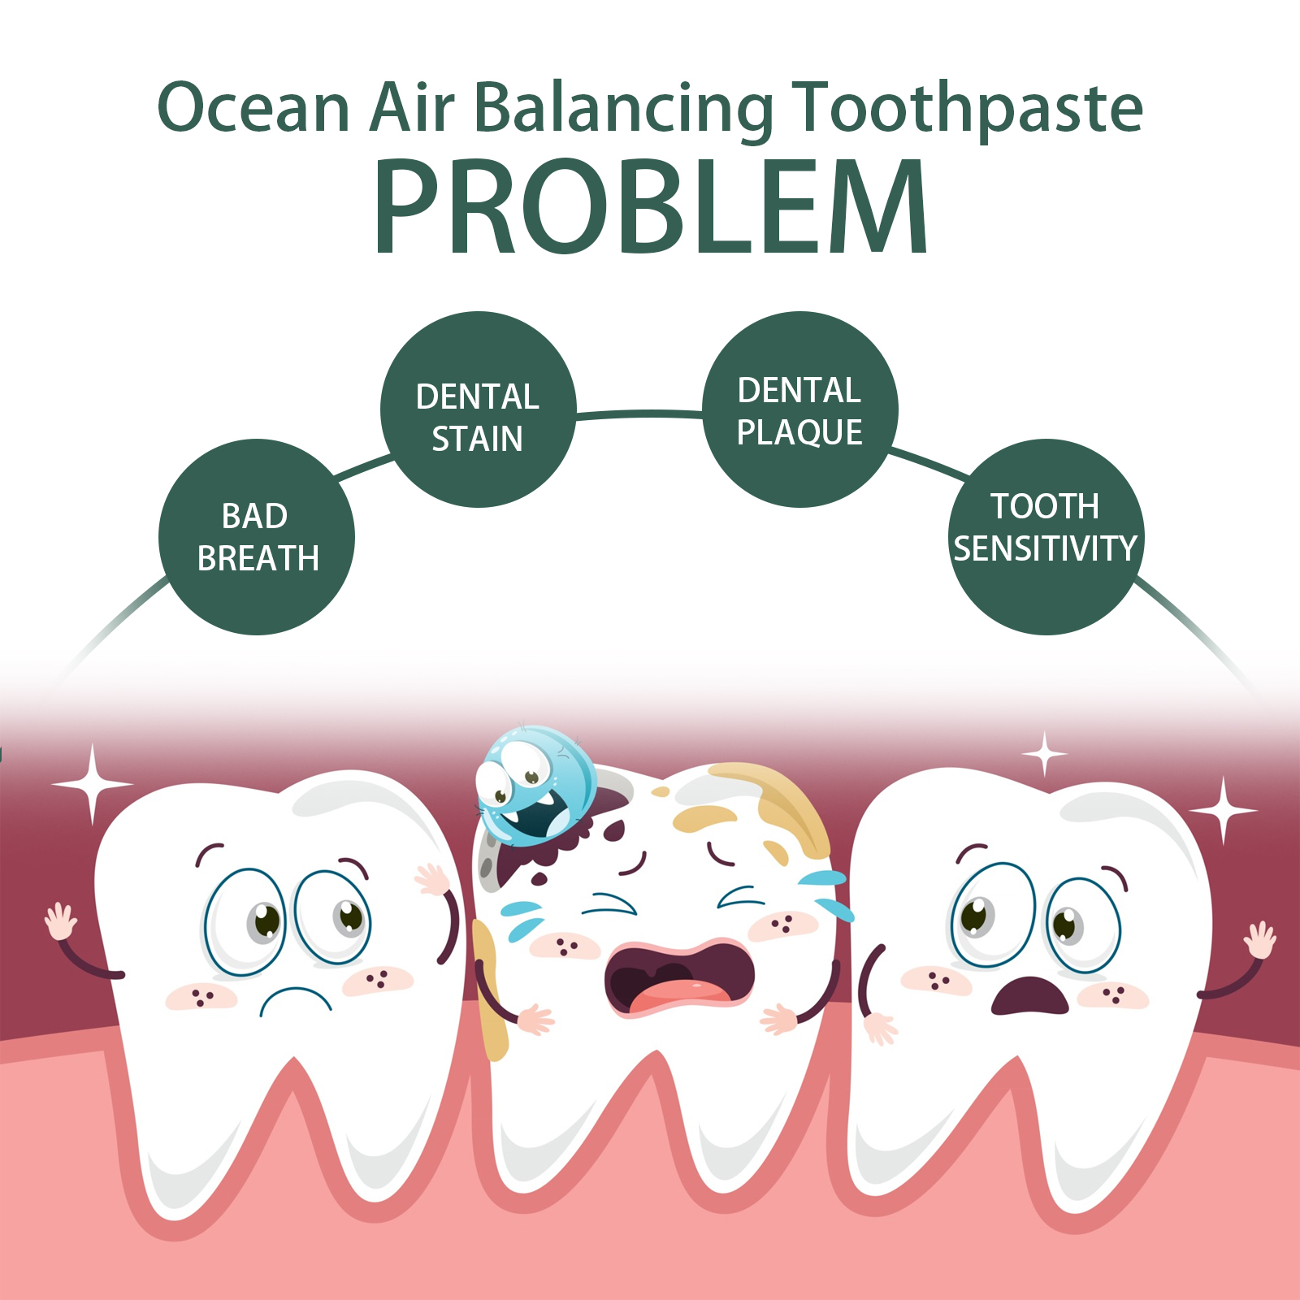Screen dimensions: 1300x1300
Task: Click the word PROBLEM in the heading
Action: point(650,206)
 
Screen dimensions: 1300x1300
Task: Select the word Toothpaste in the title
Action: point(968,110)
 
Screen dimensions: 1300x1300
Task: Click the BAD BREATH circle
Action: point(257,537)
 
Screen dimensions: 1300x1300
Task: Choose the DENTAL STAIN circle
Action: point(479,409)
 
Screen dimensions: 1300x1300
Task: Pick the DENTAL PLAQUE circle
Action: point(800,409)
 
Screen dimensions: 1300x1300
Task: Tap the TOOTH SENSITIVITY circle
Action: point(1046,537)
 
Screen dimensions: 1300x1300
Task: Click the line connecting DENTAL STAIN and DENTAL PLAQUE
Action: point(639,414)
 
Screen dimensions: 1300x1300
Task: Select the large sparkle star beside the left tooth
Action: point(93,785)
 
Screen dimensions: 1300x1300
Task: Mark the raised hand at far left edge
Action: point(60,922)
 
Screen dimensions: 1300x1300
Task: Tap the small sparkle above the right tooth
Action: point(1045,755)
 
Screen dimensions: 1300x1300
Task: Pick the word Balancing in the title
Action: point(623,110)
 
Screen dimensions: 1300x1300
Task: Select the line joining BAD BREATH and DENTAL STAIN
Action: point(365,468)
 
